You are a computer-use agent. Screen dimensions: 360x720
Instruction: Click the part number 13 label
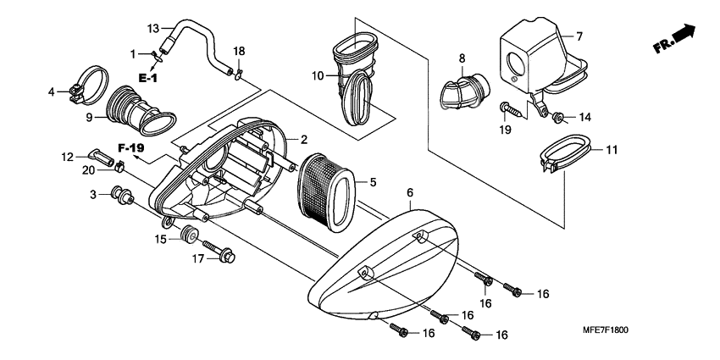[x=153, y=28]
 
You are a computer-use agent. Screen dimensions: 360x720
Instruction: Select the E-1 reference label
[x=148, y=79]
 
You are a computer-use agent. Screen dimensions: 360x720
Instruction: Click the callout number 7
[x=579, y=36]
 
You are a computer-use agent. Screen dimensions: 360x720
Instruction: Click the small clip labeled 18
[x=238, y=72]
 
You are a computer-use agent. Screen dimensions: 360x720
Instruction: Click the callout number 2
[x=302, y=139]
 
